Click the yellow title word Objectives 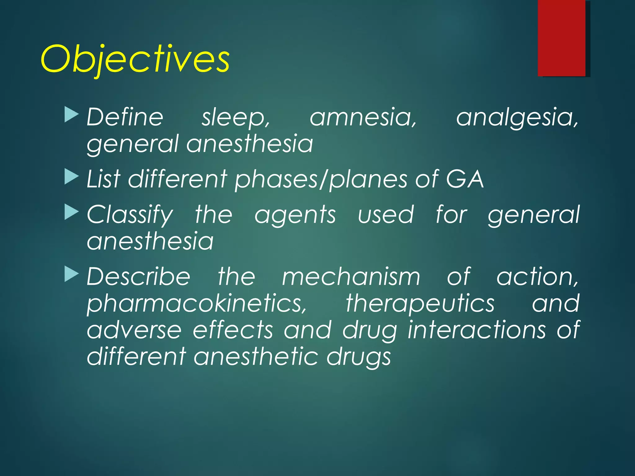click(135, 59)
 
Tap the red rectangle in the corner click(561, 38)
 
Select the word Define click(125, 117)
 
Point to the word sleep click(236, 118)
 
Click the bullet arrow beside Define click(72, 114)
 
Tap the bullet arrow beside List click(72, 177)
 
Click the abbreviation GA click(465, 179)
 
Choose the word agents click(295, 215)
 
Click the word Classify click(130, 215)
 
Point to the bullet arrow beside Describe click(72, 274)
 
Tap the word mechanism click(351, 277)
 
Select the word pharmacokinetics click(197, 304)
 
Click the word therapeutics click(420, 304)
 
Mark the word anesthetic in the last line click(256, 357)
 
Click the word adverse click(134, 330)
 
